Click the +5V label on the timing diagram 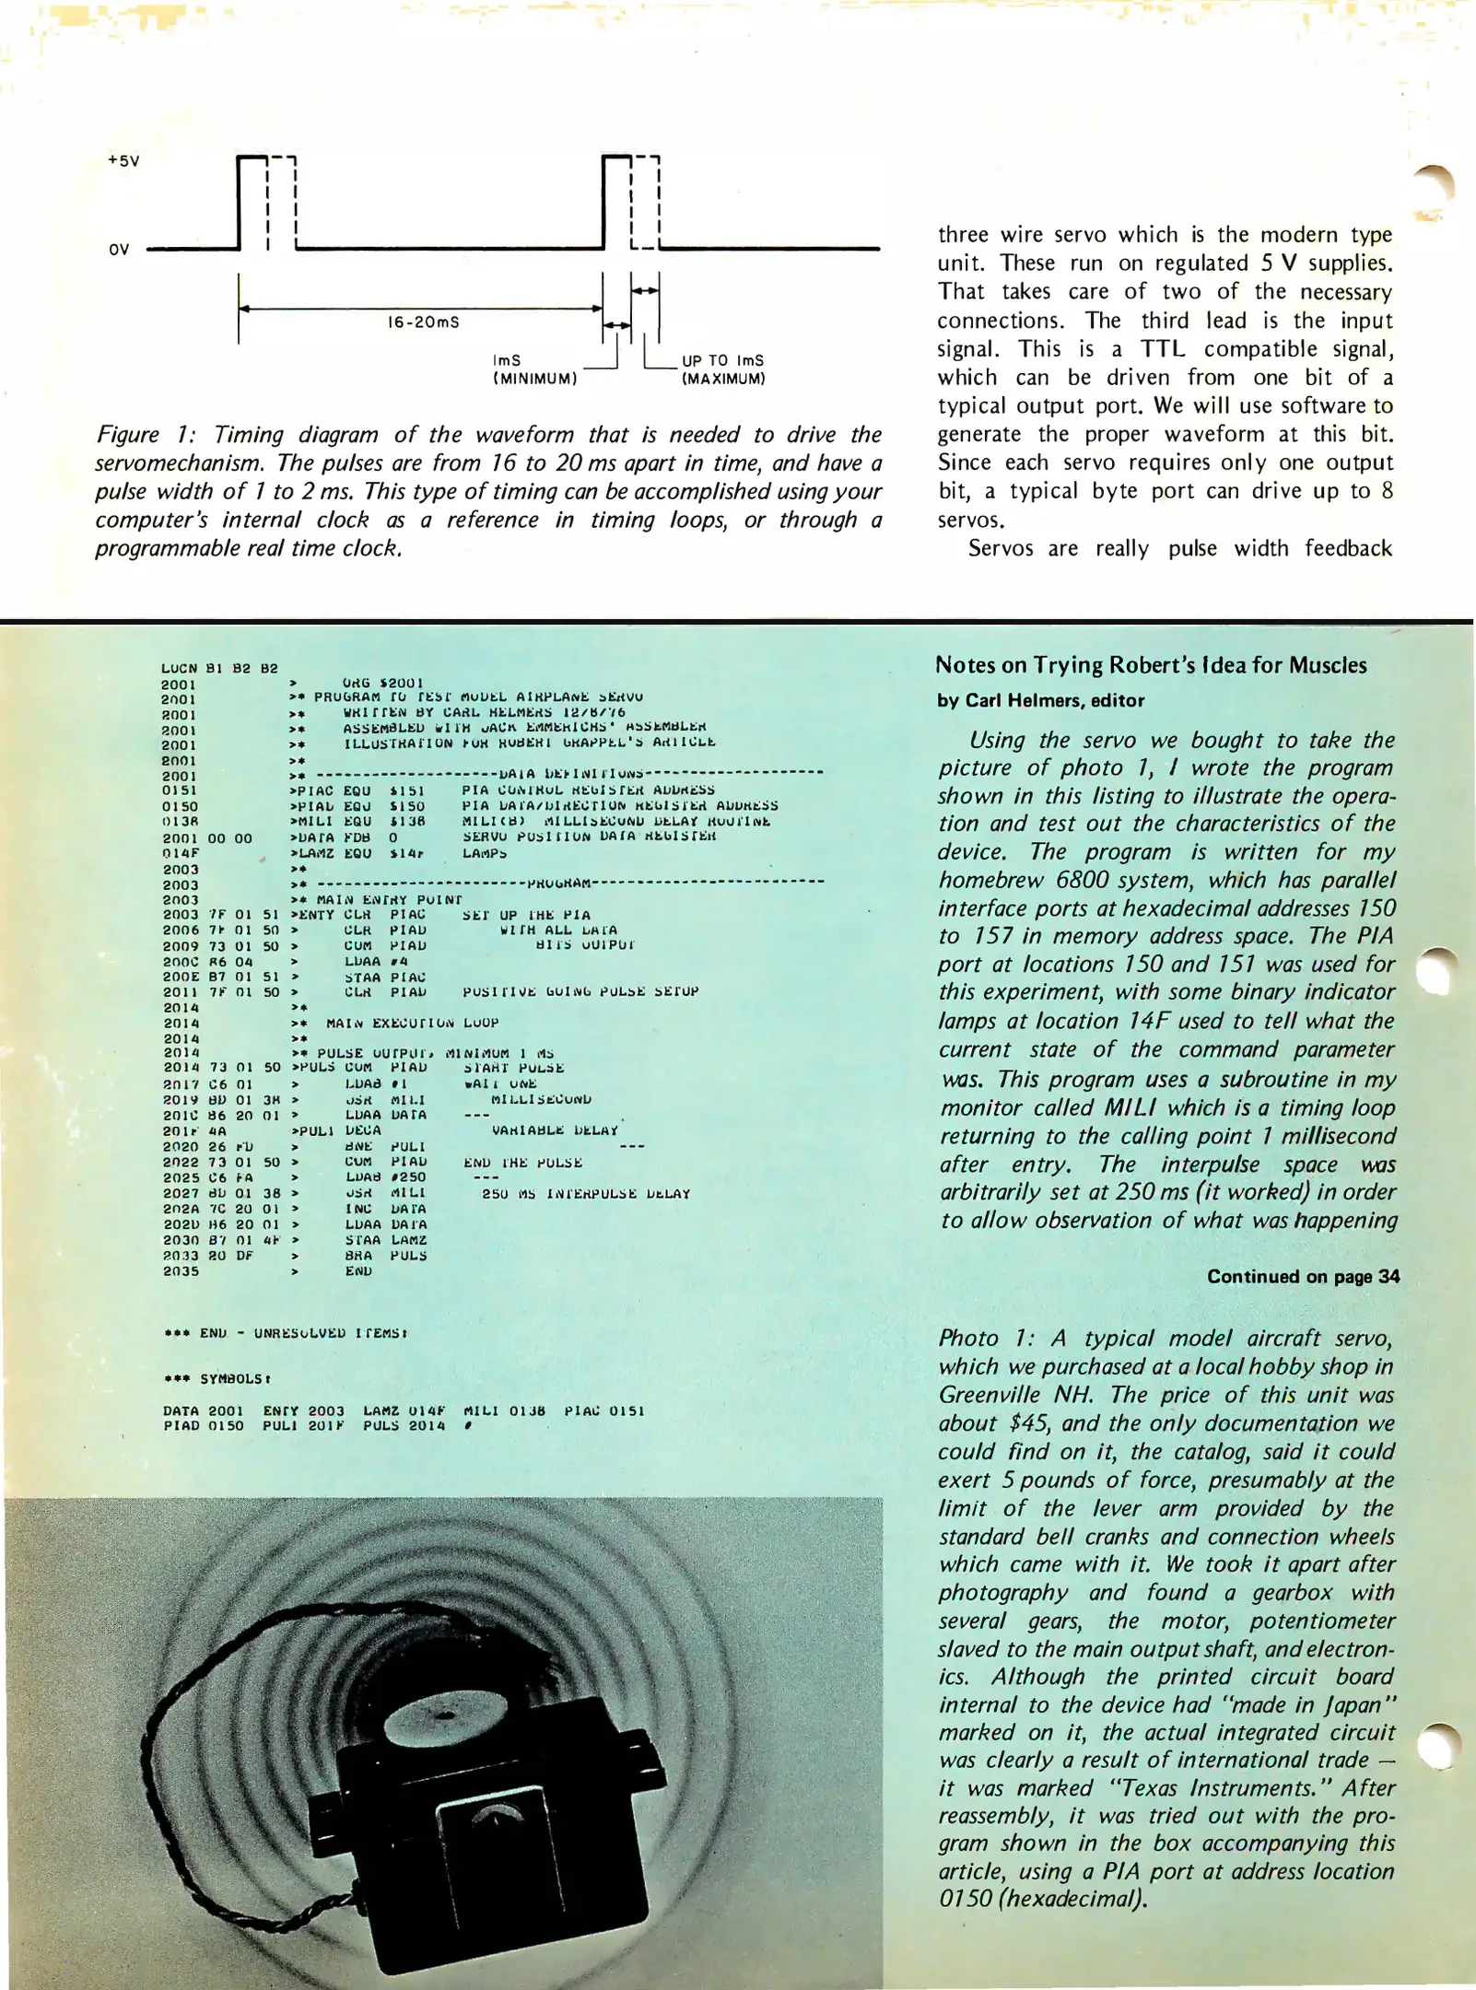click(x=123, y=160)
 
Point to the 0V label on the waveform click(x=119, y=250)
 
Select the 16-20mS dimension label click(x=423, y=322)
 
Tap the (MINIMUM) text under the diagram click(x=534, y=379)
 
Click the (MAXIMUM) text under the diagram click(x=723, y=379)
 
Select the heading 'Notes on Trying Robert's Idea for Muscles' click(x=1151, y=665)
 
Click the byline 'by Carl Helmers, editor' click(x=1040, y=700)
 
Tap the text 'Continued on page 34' click(x=1303, y=1276)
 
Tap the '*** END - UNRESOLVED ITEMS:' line click(x=286, y=1332)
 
